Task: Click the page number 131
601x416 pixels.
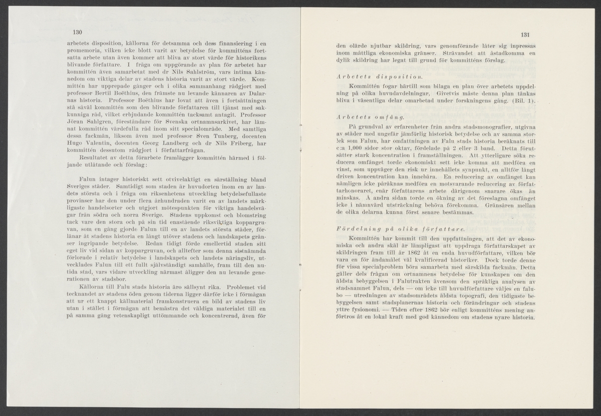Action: coord(525,35)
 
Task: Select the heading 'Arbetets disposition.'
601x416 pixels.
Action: coord(379,77)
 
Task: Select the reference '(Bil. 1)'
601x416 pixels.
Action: coord(523,102)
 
